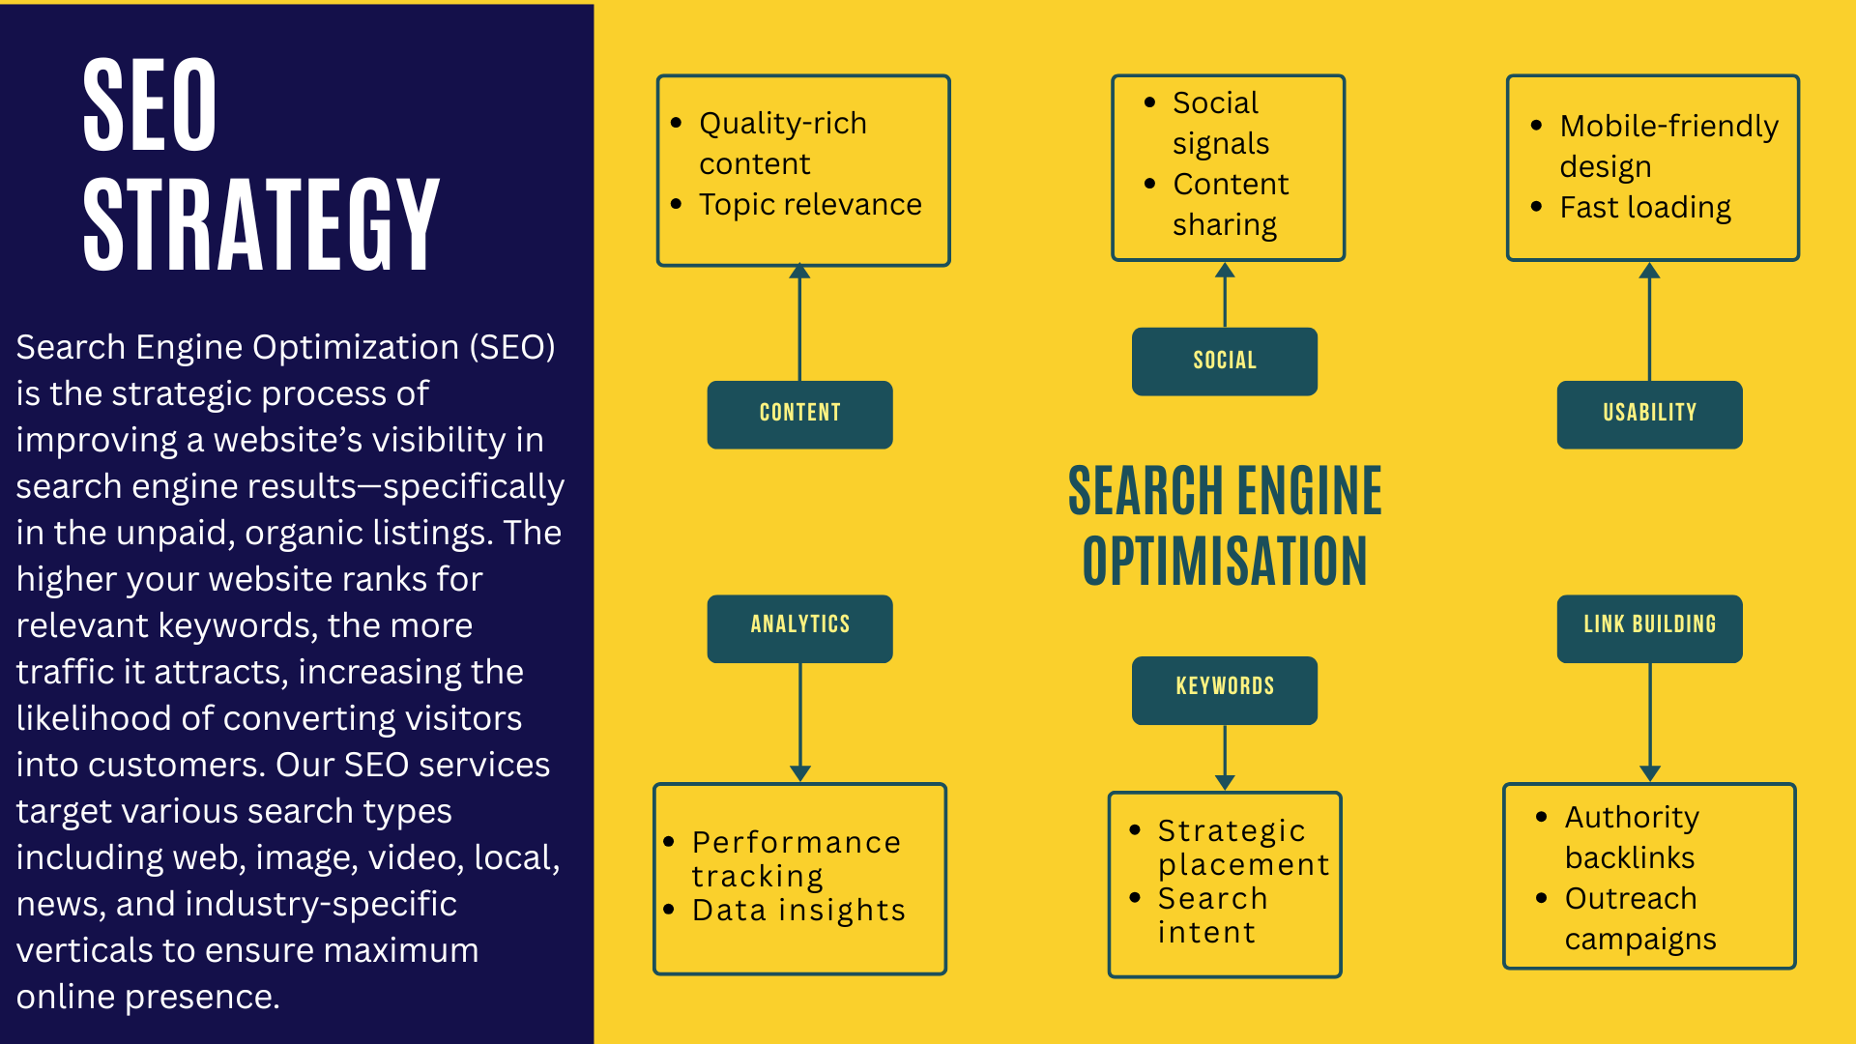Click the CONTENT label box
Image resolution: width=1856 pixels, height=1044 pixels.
click(x=799, y=414)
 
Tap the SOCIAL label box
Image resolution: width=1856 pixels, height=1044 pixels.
click(x=1224, y=362)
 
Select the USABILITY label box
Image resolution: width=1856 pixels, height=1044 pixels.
click(x=1649, y=414)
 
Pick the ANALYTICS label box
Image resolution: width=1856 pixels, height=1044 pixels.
click(x=799, y=627)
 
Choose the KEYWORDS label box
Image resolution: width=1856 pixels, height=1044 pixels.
click(x=1224, y=689)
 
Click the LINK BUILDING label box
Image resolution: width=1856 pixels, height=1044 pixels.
click(x=1649, y=627)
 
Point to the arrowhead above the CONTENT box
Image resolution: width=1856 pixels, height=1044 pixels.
click(x=799, y=272)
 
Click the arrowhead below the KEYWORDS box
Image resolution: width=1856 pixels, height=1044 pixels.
click(x=1225, y=782)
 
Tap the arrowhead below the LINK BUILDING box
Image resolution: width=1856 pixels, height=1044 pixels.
click(x=1650, y=772)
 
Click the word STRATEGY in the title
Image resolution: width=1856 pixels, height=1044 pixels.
click(x=261, y=224)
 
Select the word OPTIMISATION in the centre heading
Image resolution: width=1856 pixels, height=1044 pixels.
click(x=1225, y=562)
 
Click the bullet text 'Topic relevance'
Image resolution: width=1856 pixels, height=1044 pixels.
click(x=810, y=205)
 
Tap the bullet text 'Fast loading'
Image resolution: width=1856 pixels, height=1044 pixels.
click(x=1645, y=208)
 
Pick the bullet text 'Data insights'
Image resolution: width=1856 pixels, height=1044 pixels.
click(x=798, y=911)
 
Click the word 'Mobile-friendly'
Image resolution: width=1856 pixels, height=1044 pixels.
click(x=1668, y=127)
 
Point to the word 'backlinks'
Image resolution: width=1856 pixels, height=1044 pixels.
click(x=1630, y=858)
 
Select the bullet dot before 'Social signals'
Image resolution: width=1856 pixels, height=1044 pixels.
click(x=1149, y=102)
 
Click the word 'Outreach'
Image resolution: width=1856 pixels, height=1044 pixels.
click(x=1631, y=899)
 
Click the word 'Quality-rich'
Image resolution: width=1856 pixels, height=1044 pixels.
click(x=783, y=124)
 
